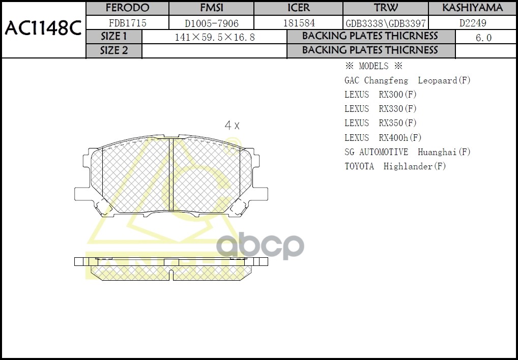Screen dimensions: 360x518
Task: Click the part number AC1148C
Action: tap(43, 29)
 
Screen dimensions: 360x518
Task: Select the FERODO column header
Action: tap(127, 8)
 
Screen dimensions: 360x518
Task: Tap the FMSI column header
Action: tap(211, 8)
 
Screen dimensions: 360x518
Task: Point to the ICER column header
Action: tap(298, 8)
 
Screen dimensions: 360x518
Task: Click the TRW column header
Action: tap(386, 8)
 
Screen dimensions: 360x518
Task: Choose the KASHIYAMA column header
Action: tap(472, 8)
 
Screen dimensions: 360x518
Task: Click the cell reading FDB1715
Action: tap(127, 23)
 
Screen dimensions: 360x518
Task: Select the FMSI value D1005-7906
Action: tap(211, 23)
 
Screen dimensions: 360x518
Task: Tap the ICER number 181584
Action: tap(298, 23)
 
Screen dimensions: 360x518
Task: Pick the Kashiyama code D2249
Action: tap(473, 23)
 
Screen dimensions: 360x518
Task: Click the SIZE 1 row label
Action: tap(114, 37)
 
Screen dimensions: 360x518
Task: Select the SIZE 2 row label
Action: tap(114, 51)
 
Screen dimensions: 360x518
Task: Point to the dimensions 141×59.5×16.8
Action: tap(214, 38)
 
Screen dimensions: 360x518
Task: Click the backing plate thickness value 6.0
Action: tap(483, 38)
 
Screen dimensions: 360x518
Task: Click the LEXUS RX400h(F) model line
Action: tap(383, 137)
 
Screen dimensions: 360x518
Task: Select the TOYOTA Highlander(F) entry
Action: tap(395, 166)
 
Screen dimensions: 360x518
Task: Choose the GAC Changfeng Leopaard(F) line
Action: tap(408, 80)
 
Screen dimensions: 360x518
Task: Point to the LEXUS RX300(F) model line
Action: tap(381, 95)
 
